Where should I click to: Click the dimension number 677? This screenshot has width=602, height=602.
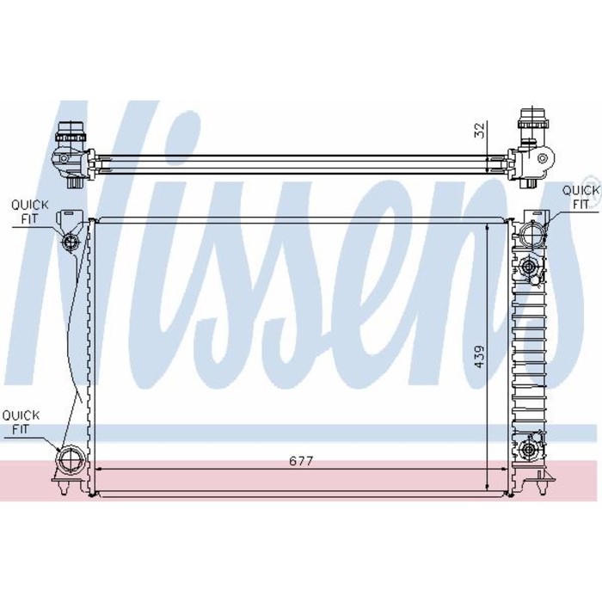(299, 461)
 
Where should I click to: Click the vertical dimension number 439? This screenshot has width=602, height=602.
(480, 358)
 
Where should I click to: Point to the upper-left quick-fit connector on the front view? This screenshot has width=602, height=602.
(71, 243)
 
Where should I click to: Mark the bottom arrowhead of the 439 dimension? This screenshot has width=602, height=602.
(488, 489)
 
